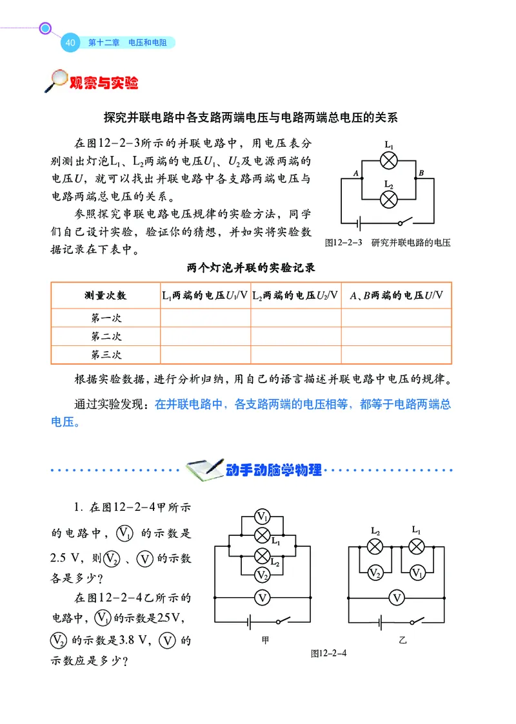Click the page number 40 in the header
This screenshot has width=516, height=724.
point(70,43)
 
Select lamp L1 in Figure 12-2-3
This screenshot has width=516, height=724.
point(388,160)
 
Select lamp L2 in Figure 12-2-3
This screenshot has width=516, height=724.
point(388,199)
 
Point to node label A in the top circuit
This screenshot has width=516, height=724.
point(355,173)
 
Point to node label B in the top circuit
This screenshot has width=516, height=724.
point(421,173)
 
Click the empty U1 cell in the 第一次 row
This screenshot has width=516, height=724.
point(205,318)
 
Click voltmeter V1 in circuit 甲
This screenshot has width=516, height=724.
point(262,516)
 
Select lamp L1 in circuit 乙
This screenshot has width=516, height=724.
point(417,547)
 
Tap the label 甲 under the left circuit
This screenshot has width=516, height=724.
point(265,640)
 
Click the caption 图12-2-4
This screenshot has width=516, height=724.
point(328,653)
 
